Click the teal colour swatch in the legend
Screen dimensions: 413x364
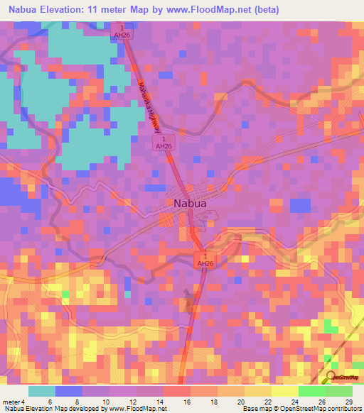[x=42, y=391]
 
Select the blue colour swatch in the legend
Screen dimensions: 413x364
[x=69, y=391]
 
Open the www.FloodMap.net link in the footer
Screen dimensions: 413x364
[x=138, y=409]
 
